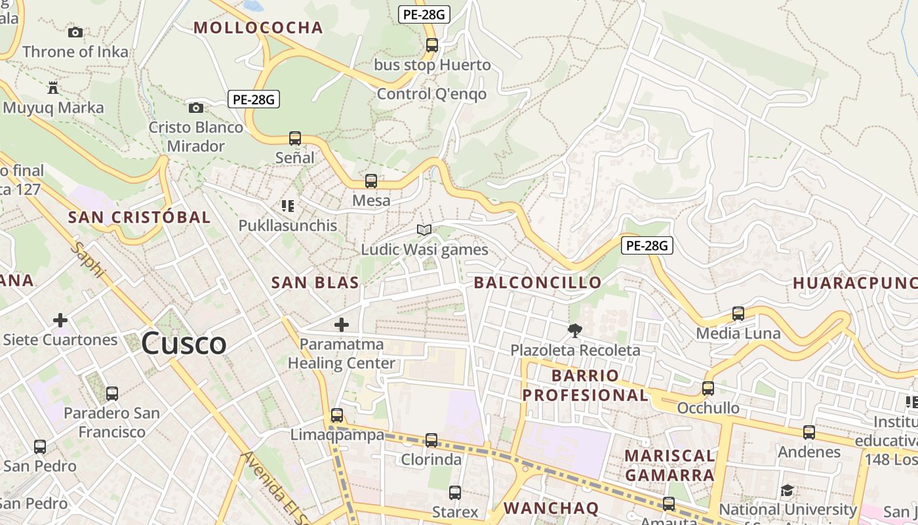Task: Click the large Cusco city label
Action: coord(184,344)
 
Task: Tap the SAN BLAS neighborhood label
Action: coord(315,283)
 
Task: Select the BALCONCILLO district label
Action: coord(538,283)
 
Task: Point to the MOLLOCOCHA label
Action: coord(258,28)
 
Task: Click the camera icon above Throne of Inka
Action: coord(75,32)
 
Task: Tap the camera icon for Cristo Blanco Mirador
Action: coord(195,108)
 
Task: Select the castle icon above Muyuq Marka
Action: coord(53,87)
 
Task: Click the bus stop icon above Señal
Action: coord(295,138)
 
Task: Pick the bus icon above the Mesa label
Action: coord(371,181)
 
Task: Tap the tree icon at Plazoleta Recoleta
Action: coord(575,330)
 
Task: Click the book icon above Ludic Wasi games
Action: coord(424,230)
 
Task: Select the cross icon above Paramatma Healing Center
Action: coord(342,324)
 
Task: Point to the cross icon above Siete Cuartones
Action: coord(60,320)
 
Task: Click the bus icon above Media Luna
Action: coord(738,314)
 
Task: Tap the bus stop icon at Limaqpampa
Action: coord(337,415)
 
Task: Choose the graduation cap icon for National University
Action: coord(788,490)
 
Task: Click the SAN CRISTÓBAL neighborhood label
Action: coord(139,217)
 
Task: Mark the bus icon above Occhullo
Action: coord(708,388)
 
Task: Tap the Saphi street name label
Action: coord(89,260)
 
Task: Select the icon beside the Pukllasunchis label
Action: coord(287,206)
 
